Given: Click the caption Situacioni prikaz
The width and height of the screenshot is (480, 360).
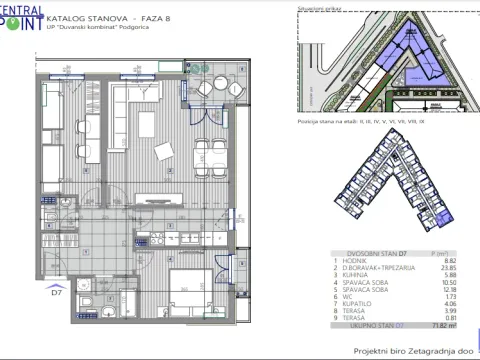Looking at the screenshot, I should (x=315, y=6).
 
